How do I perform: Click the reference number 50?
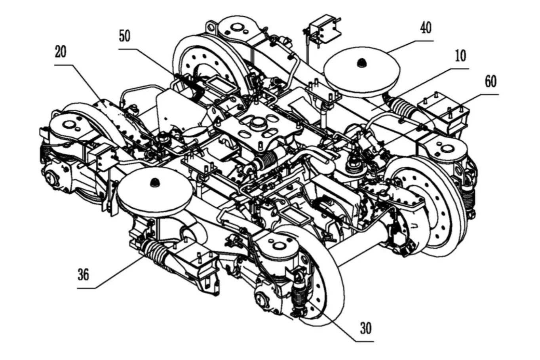pos(124,36)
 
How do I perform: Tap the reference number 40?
pos(426,29)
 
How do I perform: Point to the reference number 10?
pos(460,57)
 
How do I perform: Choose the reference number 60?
pos(490,82)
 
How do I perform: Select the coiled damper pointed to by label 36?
pos(155,251)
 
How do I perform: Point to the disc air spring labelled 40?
pos(362,73)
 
